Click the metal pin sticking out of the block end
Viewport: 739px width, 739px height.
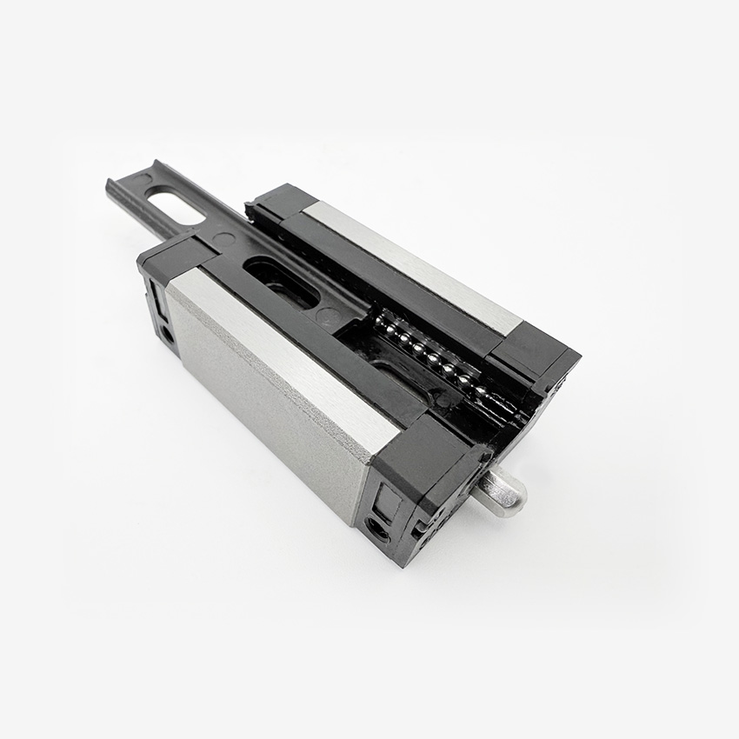501,489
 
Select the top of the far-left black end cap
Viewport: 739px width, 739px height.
278,198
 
